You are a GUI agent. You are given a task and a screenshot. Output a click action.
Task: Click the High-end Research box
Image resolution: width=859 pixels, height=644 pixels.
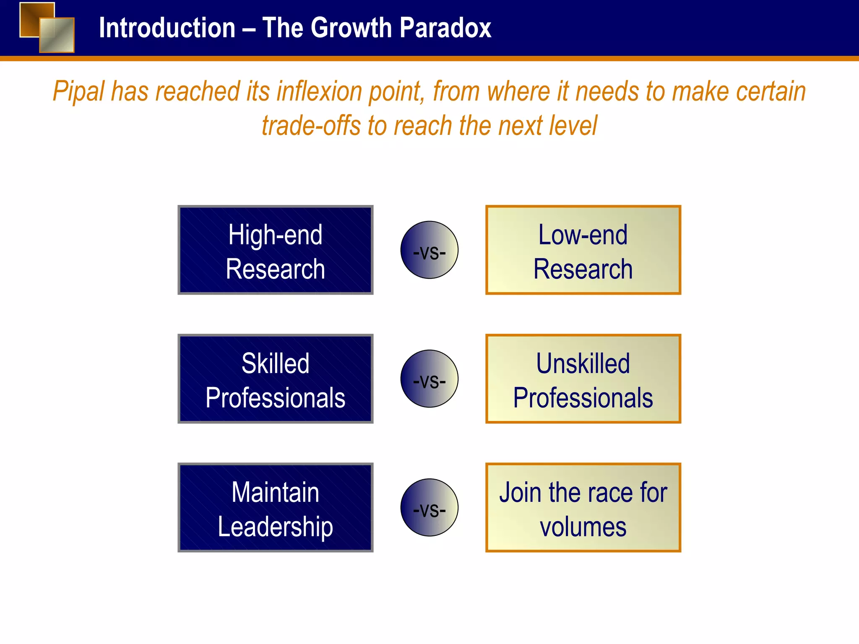click(276, 250)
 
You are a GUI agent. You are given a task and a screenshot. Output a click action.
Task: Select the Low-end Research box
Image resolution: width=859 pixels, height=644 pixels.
click(583, 250)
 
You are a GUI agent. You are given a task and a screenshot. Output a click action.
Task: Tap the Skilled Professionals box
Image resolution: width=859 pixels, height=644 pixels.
click(276, 379)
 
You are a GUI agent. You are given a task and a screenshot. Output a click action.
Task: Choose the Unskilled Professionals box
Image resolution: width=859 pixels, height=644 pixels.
click(583, 379)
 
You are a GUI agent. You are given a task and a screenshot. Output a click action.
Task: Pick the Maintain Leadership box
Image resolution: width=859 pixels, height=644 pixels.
click(276, 507)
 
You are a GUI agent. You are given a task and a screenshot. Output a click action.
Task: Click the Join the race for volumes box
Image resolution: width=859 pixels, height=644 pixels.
click(583, 507)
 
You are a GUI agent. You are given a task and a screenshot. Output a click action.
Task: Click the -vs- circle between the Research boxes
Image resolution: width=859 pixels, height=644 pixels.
click(429, 250)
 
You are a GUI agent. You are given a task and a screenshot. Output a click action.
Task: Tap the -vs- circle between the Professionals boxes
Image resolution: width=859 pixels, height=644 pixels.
click(429, 379)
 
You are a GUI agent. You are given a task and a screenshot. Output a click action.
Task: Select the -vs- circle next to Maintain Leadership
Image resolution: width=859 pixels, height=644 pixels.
click(429, 507)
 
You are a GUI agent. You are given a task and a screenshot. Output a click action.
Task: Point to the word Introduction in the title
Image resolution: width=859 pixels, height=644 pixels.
click(167, 28)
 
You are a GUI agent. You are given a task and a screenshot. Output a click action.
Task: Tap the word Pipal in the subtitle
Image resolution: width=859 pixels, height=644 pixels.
click(78, 92)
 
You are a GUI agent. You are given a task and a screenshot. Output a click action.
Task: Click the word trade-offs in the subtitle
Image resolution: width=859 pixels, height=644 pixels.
click(311, 126)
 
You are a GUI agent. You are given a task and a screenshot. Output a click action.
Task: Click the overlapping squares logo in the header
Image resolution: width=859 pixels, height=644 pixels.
click(47, 27)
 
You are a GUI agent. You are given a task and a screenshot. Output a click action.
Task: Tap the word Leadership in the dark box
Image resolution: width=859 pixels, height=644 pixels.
click(275, 527)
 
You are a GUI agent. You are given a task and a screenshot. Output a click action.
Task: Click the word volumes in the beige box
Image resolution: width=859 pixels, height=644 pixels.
click(583, 527)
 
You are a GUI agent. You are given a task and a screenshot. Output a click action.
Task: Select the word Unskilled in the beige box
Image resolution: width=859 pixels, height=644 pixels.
click(583, 363)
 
